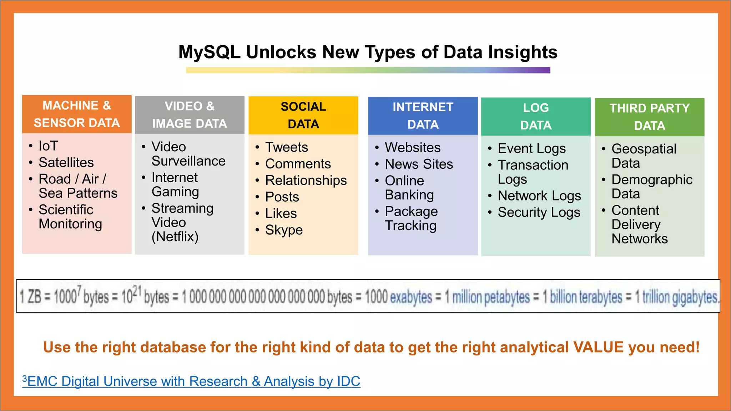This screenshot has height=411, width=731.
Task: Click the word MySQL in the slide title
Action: [210, 52]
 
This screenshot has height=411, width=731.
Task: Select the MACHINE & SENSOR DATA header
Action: [77, 114]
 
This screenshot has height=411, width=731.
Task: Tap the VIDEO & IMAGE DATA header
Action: [190, 115]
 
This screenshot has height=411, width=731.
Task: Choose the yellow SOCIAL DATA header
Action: [303, 115]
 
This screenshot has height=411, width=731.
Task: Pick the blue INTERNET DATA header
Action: [423, 116]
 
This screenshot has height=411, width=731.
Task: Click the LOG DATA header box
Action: [535, 116]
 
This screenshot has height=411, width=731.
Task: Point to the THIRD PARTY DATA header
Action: [649, 117]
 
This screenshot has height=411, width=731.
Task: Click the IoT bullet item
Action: [48, 146]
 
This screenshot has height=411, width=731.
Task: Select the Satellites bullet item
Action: [66, 163]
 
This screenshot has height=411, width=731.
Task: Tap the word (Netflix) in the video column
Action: [175, 237]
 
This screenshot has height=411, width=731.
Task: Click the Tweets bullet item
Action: [286, 147]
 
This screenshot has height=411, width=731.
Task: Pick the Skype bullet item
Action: [284, 230]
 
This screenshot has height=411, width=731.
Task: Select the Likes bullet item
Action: [281, 213]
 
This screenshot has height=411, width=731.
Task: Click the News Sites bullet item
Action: [419, 164]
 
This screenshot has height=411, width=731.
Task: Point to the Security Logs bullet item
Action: [539, 212]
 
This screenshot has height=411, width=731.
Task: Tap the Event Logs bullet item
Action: [531, 148]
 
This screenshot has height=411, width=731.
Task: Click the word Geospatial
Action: [644, 149]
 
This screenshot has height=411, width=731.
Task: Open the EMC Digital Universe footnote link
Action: [193, 381]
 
